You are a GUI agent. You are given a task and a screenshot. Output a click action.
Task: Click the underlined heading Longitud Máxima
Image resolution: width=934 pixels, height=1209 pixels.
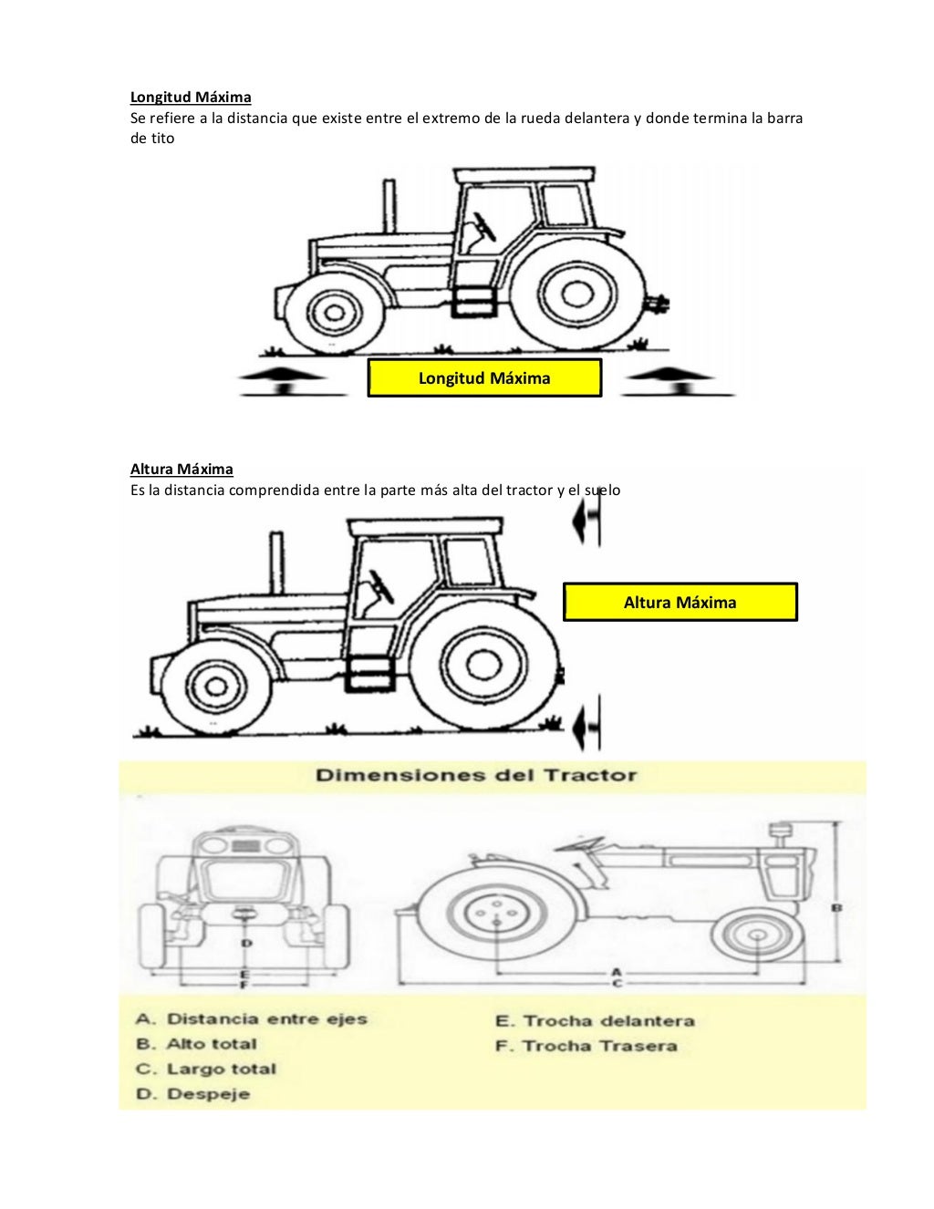click(x=191, y=97)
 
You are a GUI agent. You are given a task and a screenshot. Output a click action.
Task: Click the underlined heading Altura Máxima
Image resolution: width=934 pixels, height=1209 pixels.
click(x=182, y=469)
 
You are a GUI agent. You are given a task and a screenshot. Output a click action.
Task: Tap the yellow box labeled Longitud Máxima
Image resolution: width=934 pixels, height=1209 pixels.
click(x=484, y=377)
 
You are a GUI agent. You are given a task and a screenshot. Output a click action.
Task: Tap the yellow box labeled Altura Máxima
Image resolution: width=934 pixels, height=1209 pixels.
click(x=680, y=602)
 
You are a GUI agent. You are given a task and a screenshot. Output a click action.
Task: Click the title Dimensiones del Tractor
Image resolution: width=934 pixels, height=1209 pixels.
click(x=475, y=776)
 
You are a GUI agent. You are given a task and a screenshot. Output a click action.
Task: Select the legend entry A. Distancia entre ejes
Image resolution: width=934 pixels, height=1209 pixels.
click(x=252, y=1018)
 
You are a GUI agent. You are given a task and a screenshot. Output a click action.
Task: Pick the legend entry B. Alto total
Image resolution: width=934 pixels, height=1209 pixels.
click(x=197, y=1044)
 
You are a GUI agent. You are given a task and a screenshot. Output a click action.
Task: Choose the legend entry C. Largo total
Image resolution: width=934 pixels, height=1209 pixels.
click(x=206, y=1069)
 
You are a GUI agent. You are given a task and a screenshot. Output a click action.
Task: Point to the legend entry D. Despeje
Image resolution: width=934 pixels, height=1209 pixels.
click(x=192, y=1093)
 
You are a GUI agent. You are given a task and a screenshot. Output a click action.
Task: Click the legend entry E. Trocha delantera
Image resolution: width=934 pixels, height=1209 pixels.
click(x=595, y=1021)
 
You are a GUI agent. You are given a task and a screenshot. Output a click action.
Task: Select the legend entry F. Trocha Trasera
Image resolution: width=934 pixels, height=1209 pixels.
click(x=586, y=1046)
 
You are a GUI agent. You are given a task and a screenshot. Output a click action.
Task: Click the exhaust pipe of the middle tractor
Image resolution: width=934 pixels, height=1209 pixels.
click(x=275, y=565)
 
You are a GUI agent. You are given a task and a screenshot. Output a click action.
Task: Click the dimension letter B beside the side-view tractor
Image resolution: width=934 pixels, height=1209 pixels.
click(x=836, y=907)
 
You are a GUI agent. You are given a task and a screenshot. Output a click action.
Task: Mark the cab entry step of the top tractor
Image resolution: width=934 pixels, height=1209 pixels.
click(x=474, y=302)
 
